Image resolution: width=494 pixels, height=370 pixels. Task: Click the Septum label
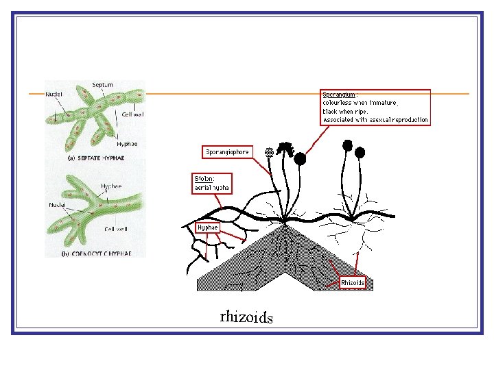click(x=103, y=85)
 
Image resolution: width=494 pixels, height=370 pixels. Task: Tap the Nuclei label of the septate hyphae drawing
click(x=54, y=93)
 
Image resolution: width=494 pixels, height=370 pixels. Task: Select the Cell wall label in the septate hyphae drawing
click(x=134, y=114)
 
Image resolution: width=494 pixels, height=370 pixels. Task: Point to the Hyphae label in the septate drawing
click(x=127, y=144)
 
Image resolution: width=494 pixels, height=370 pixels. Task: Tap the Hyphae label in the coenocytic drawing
click(x=112, y=186)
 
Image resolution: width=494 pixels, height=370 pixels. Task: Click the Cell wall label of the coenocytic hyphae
click(x=115, y=229)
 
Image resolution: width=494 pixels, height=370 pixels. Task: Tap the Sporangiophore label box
click(x=228, y=151)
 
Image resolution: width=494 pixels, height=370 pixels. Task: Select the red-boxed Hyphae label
click(x=207, y=227)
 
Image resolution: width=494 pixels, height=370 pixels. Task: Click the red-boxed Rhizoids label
click(x=353, y=282)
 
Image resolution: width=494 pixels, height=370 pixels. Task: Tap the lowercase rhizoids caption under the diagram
click(x=246, y=317)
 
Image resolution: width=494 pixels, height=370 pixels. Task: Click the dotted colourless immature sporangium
click(x=270, y=151)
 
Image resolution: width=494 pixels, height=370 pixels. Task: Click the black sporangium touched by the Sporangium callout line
click(x=301, y=158)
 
